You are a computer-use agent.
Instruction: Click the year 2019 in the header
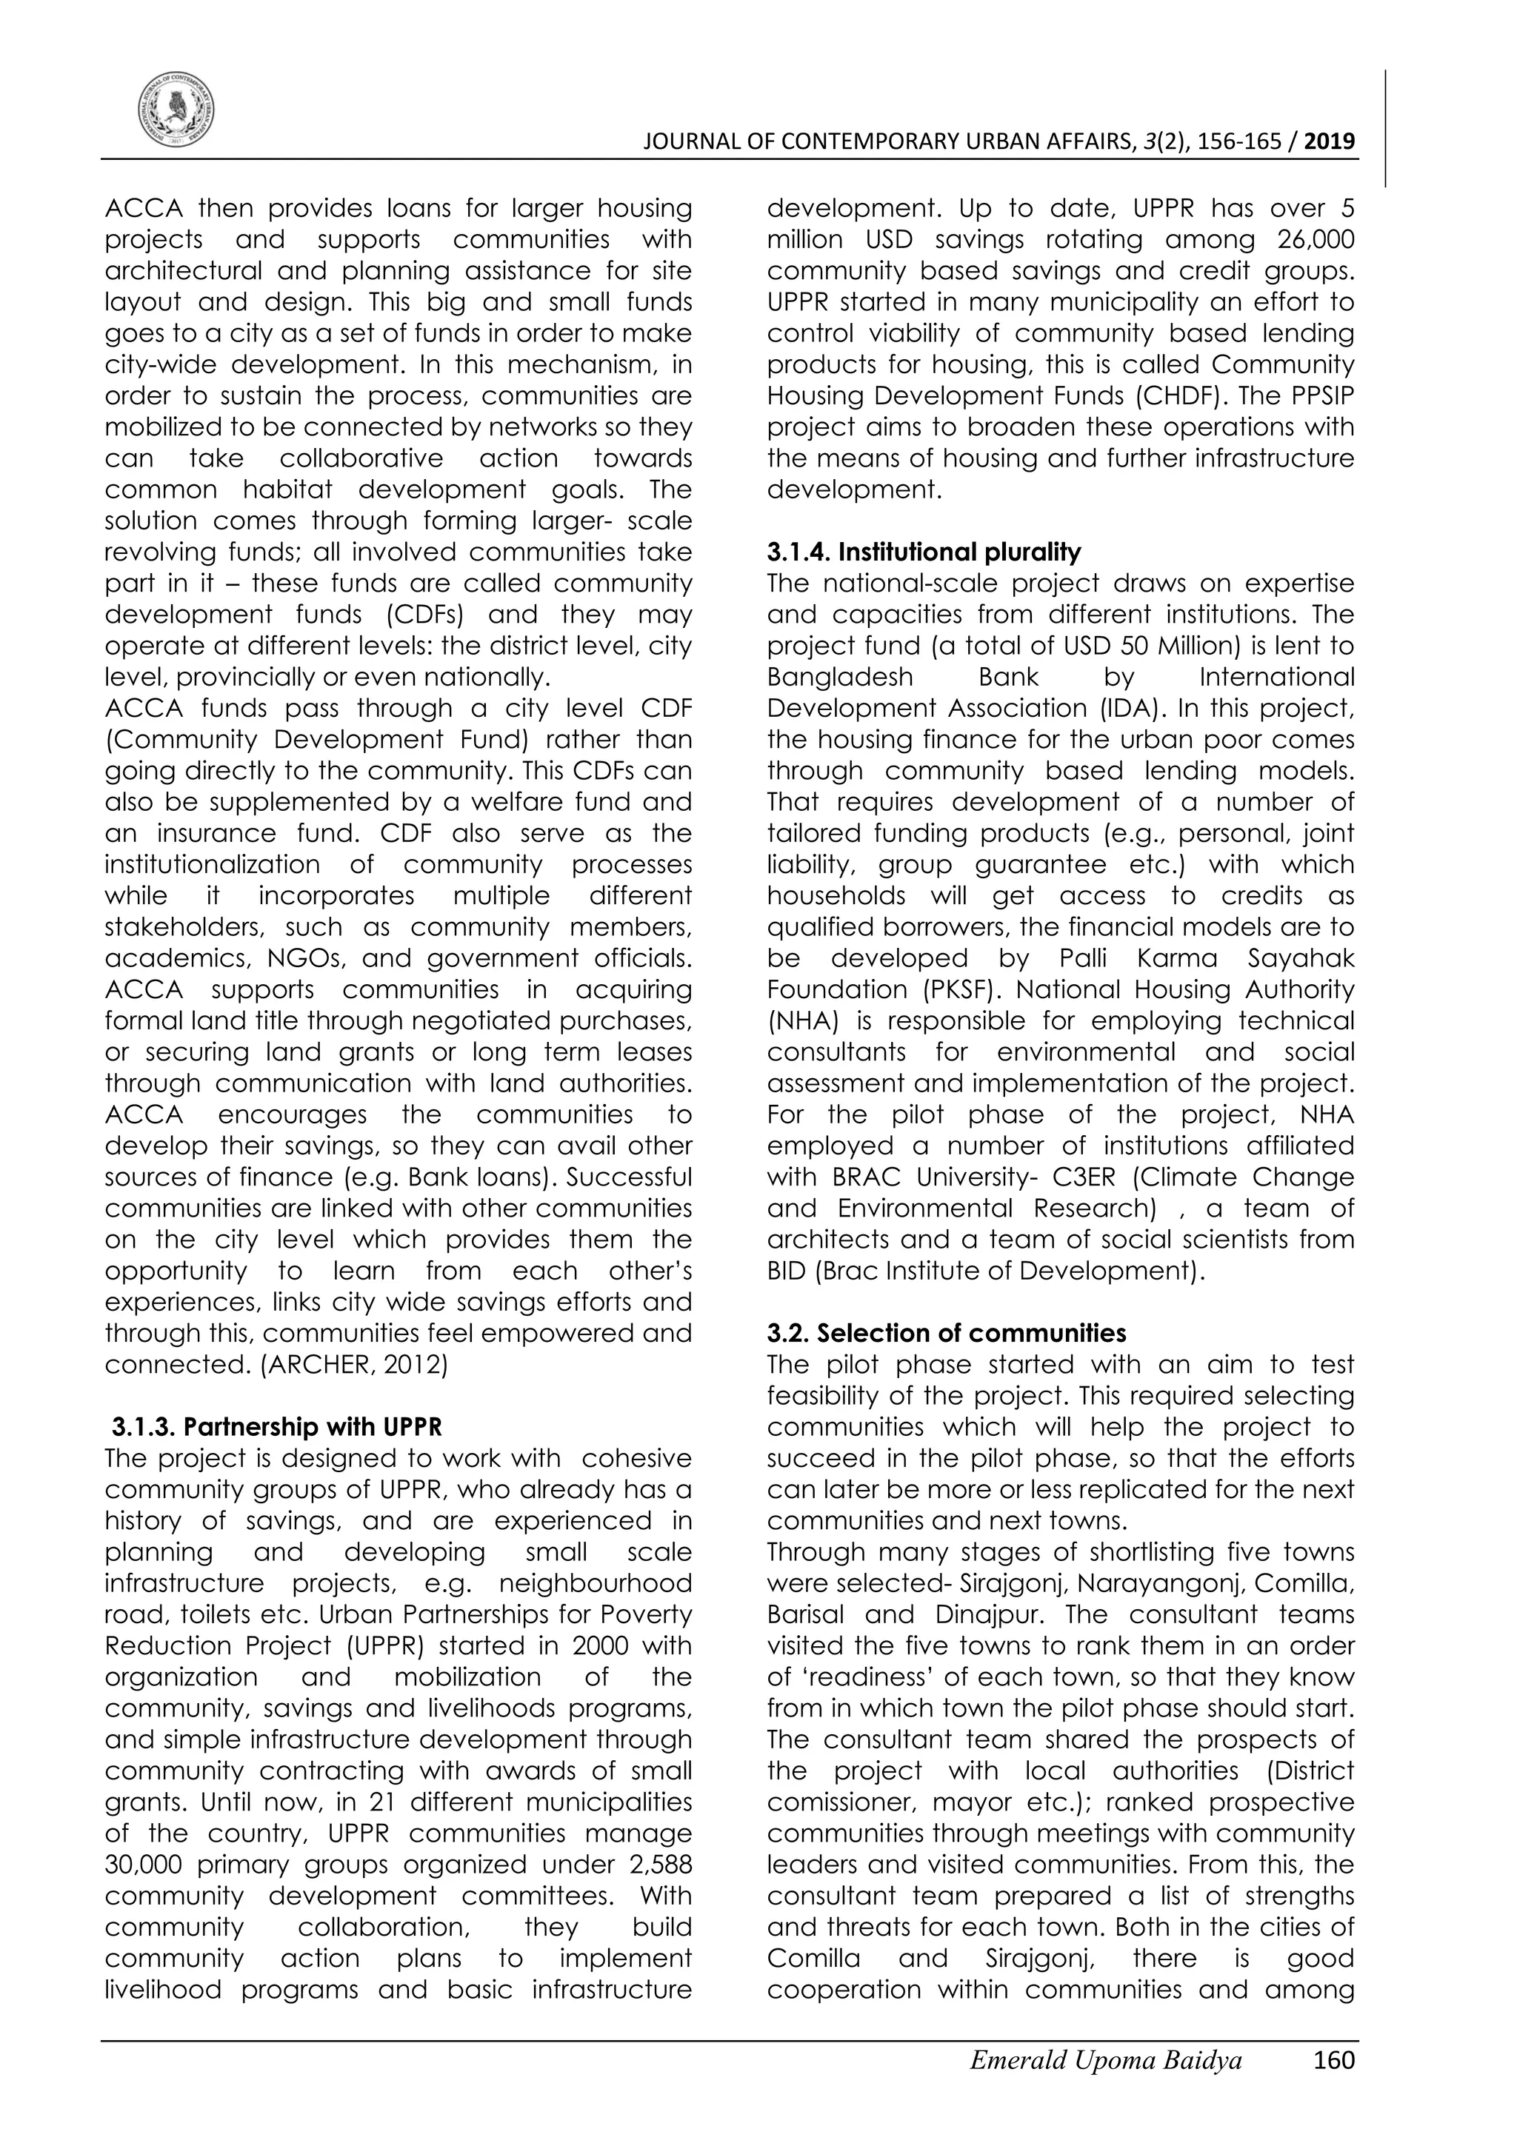(x=1329, y=142)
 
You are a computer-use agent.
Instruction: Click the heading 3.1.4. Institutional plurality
(x=924, y=552)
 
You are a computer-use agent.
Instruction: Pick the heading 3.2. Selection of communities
(x=947, y=1334)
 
